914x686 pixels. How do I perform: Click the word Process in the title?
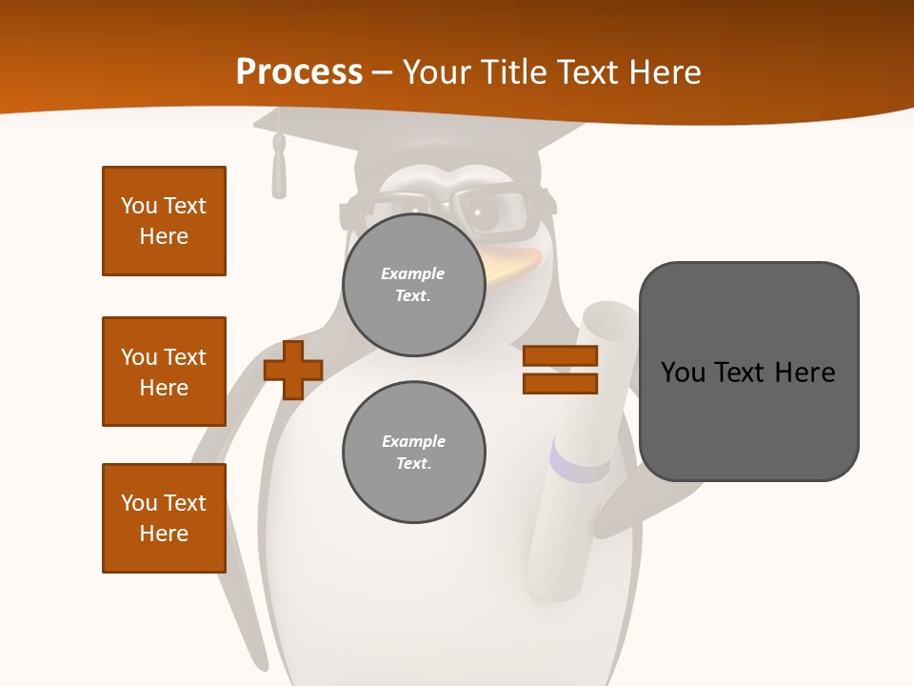click(299, 71)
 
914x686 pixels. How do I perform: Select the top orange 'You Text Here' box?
click(164, 221)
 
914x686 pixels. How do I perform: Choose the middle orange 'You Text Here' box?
click(164, 372)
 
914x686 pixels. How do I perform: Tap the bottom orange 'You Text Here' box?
click(164, 518)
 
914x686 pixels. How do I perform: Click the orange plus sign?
click(293, 370)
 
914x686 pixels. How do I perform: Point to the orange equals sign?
click(560, 370)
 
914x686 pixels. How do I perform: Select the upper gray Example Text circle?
click(414, 285)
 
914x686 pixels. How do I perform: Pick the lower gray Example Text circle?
click(414, 453)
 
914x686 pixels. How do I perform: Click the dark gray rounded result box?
click(749, 372)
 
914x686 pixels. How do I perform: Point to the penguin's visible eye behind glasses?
click(486, 215)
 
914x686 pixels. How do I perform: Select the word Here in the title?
click(666, 72)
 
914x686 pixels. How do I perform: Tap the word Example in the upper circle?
click(413, 273)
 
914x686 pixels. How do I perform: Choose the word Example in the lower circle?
click(413, 441)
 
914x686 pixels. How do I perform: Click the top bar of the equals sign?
click(560, 356)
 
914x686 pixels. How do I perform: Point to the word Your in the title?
click(436, 72)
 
